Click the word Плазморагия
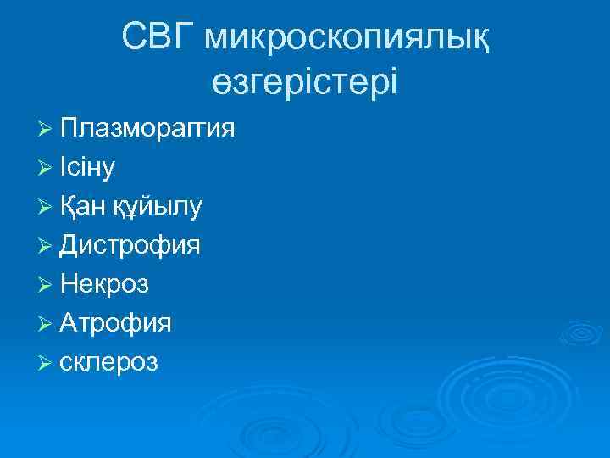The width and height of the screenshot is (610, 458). (147, 130)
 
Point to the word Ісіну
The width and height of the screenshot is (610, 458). (88, 168)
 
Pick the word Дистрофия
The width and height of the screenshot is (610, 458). (130, 247)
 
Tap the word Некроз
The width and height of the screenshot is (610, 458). (105, 285)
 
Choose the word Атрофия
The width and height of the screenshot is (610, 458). (116, 323)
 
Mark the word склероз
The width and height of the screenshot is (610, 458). (109, 362)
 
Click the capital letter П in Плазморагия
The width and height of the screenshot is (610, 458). (69, 128)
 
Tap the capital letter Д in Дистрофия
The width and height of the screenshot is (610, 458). (70, 246)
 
